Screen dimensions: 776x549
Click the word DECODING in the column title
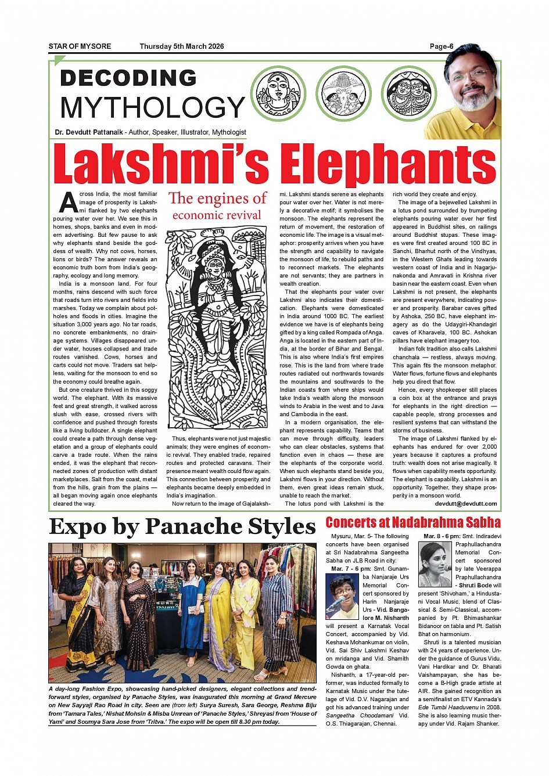click(128, 78)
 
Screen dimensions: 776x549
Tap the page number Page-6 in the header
click(441, 46)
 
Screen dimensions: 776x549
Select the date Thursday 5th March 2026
click(181, 46)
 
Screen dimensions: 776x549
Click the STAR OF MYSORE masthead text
click(80, 46)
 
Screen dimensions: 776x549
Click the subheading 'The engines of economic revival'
click(217, 206)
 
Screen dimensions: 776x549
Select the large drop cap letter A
click(67, 203)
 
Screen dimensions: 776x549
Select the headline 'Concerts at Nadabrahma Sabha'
click(412, 522)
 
